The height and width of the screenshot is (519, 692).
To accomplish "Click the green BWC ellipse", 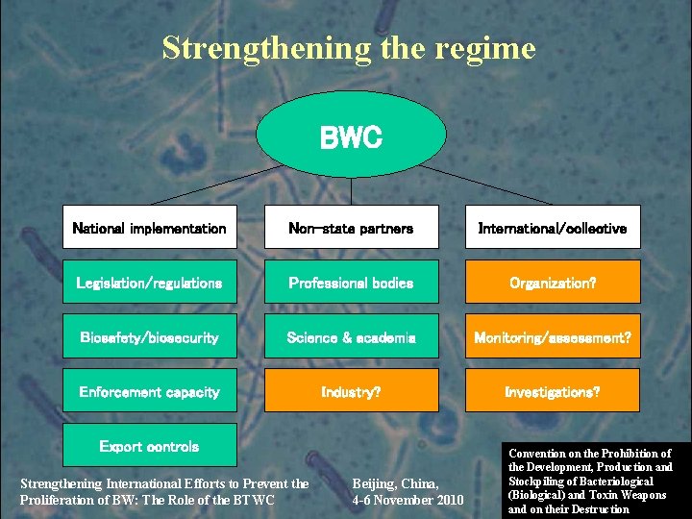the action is (x=351, y=136).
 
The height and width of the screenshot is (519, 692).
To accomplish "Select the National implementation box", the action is (x=149, y=228).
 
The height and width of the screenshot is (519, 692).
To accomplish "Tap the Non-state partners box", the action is (x=351, y=228).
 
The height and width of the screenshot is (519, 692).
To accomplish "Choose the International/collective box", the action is (x=553, y=228).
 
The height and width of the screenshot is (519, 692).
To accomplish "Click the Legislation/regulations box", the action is (x=149, y=283).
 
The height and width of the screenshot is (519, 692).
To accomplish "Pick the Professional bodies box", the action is (x=351, y=283).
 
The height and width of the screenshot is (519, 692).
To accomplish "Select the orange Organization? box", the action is (x=553, y=283).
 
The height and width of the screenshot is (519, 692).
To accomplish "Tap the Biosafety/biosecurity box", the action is (x=149, y=337).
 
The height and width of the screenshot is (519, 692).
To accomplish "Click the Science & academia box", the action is (x=351, y=337).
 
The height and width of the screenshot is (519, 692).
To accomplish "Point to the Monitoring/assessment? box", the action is (x=553, y=337).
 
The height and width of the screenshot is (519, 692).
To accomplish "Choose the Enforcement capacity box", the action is (x=149, y=391).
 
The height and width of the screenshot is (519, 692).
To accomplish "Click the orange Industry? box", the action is (x=351, y=391).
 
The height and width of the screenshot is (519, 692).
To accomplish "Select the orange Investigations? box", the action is (x=553, y=391).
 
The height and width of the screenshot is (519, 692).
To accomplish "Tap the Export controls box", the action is (x=149, y=445).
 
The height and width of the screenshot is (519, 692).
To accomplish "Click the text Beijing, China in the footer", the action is (x=395, y=483).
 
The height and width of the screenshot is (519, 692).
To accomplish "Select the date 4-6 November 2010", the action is (x=408, y=501).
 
